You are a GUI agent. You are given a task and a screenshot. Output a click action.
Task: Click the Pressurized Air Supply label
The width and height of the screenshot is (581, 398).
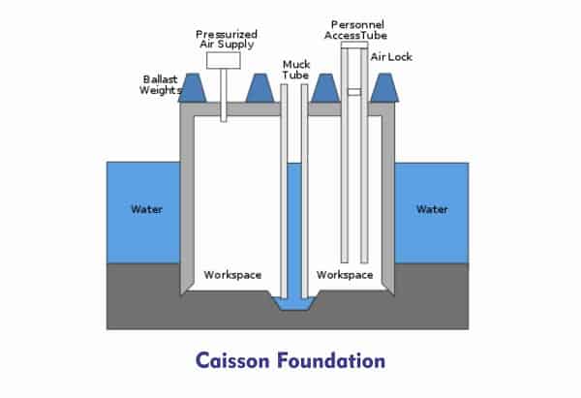227,40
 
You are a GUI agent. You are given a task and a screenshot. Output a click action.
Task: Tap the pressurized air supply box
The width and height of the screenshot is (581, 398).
224,60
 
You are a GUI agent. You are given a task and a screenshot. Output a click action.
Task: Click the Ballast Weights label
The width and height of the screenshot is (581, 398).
161,85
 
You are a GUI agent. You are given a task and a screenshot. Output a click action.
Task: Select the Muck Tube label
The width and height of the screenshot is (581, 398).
295,70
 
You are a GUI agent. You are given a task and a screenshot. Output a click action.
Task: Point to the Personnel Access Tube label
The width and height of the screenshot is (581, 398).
355,30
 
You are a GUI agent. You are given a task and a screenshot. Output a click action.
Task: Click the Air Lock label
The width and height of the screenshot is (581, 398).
391,57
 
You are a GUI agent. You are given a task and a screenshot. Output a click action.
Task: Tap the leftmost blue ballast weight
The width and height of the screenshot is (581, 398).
193,88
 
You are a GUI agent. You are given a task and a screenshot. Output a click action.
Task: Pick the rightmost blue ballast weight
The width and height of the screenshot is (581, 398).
384,88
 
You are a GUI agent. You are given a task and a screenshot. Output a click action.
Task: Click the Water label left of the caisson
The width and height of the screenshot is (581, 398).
147,209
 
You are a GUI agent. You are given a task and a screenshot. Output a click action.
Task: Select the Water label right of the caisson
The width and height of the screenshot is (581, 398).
432,209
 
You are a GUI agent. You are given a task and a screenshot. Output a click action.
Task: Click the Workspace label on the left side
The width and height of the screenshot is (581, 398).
232,275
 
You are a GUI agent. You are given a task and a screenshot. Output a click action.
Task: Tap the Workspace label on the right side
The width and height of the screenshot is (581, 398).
345,275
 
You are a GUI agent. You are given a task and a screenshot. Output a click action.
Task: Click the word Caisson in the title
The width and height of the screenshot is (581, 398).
232,360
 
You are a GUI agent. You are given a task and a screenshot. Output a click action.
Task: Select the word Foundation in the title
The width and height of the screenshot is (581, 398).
331,360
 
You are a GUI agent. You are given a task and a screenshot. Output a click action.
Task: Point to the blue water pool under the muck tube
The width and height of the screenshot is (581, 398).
294,303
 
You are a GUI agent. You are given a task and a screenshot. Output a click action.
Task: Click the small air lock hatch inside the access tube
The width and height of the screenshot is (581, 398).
354,92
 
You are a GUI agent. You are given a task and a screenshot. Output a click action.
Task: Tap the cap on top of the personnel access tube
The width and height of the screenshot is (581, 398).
354,46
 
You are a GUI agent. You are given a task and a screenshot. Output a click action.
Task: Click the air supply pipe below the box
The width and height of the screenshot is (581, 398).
224,95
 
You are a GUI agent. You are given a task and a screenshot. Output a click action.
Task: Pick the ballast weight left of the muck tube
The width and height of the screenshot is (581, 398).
260,88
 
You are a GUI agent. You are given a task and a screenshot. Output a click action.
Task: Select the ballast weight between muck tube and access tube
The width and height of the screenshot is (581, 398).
325,88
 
